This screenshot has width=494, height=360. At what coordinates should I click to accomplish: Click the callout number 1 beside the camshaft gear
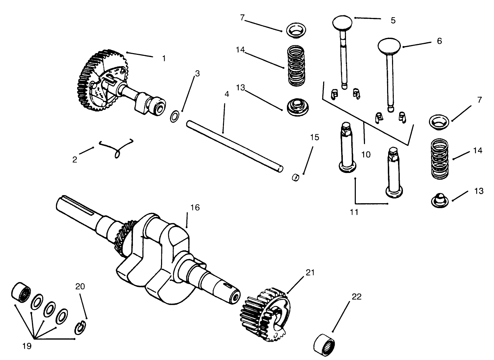pos(163,58)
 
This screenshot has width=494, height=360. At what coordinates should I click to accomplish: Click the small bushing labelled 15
pos(296,177)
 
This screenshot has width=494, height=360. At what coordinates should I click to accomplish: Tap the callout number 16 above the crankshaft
pos(195,207)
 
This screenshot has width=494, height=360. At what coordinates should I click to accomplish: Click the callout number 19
pos(27,346)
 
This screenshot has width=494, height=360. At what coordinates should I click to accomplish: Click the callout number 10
pos(366,154)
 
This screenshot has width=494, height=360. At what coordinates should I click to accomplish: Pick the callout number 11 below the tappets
pos(354,212)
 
